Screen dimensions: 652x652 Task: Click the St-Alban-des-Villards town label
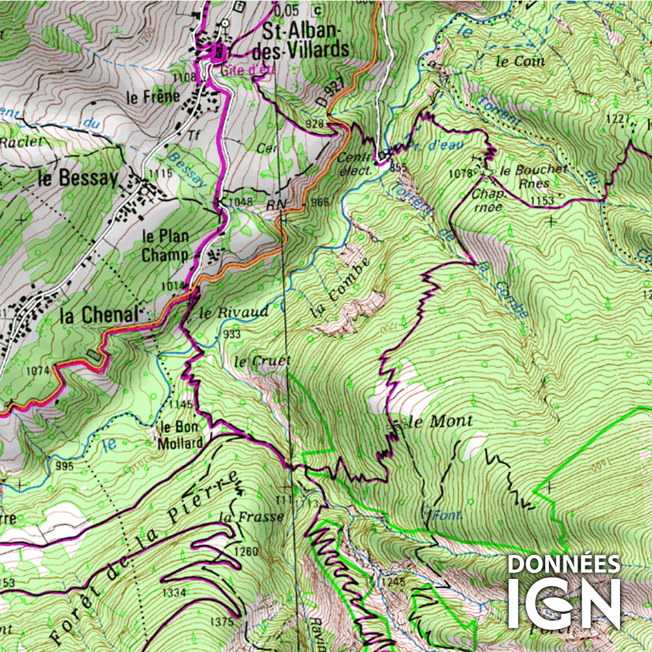click(305, 40)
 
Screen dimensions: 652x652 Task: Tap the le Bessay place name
click(78, 179)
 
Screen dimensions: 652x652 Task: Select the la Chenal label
click(98, 316)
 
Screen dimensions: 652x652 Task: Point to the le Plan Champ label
click(165, 245)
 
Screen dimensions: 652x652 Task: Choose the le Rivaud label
click(233, 312)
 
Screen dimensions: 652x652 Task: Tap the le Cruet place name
click(262, 361)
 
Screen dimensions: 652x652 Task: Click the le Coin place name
click(520, 62)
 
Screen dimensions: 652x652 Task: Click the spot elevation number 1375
click(222, 621)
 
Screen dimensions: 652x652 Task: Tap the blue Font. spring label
click(447, 515)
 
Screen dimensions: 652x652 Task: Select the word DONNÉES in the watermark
click(563, 565)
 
